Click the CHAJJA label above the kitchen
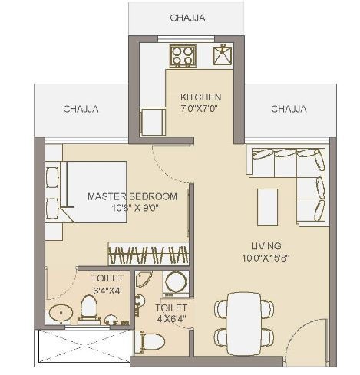coord(187,18)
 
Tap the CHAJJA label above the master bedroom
coord(81,109)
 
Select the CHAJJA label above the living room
coord(289,109)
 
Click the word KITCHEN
coord(200,97)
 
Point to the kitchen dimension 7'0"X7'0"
coord(200,109)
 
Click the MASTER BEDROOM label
coord(132,196)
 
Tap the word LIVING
coord(266,245)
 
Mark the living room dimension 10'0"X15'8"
coord(266,258)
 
